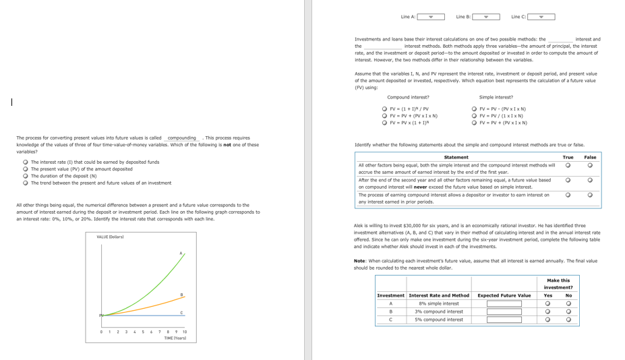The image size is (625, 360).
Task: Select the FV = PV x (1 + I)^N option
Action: (x=384, y=123)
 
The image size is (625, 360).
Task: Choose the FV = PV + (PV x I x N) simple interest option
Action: (x=474, y=123)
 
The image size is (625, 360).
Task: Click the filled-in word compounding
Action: (x=181, y=138)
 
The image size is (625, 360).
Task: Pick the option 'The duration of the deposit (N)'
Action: (x=25, y=176)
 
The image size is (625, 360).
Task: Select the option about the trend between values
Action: (x=25, y=183)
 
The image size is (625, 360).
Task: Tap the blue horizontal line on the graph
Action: (x=148, y=315)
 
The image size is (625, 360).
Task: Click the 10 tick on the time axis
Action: (x=184, y=332)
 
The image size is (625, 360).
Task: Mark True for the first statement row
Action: (x=568, y=165)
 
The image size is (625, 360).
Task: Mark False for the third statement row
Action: (x=590, y=196)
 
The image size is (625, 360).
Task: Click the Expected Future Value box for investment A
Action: (x=504, y=303)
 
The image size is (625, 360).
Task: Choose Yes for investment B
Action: (x=548, y=311)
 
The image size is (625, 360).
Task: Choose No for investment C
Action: (x=568, y=320)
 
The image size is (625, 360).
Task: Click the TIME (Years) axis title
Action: (x=175, y=338)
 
